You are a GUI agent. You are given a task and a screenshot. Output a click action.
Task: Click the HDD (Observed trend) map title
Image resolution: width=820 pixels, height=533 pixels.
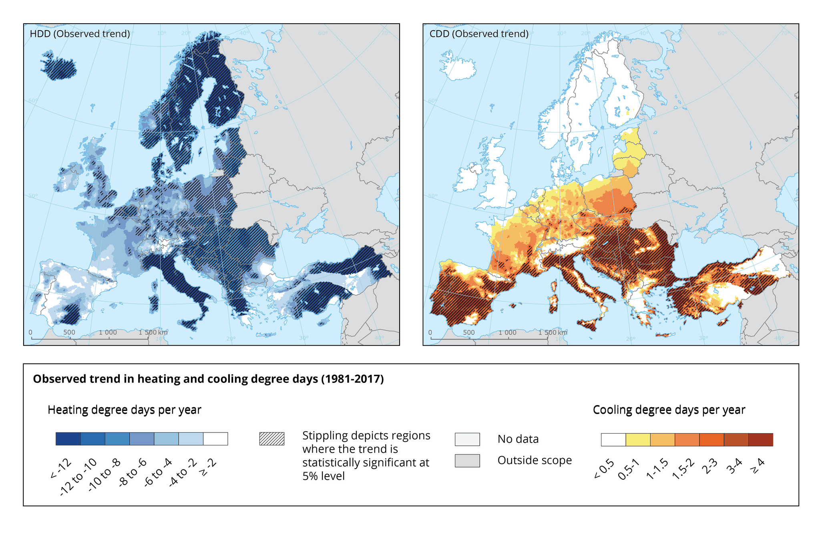[x=80, y=34]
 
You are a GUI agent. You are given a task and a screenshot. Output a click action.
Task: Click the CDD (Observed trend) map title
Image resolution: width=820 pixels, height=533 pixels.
[x=479, y=34]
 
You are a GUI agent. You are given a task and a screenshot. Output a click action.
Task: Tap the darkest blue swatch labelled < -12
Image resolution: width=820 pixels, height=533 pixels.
[x=68, y=439]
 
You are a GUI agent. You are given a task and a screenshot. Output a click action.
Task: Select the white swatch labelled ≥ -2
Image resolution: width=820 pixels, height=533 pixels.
[x=215, y=439]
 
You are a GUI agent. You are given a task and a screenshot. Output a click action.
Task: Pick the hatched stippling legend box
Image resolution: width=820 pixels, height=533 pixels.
[x=272, y=439]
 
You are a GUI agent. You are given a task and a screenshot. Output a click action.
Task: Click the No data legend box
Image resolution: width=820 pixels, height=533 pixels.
[x=467, y=439]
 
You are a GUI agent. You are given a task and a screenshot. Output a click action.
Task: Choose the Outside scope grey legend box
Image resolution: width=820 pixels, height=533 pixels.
[x=467, y=461]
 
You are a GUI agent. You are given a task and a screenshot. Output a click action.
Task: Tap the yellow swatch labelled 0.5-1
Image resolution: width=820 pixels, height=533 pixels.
[x=638, y=440]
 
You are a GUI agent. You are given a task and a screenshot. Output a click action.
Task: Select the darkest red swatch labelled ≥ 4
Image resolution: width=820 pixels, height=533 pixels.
[x=761, y=440]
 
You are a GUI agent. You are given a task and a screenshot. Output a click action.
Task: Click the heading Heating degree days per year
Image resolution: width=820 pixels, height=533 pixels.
[x=124, y=410]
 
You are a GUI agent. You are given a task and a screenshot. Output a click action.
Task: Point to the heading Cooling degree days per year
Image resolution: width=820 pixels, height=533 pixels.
[x=669, y=410]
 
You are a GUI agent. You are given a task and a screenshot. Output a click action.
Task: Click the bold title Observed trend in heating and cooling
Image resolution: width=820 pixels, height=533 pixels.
[x=208, y=379]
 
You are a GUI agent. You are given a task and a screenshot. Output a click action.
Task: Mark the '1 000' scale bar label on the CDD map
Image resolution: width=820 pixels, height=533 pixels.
[x=507, y=333]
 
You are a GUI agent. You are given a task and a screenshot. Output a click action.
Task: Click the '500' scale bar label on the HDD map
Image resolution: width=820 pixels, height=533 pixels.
[x=69, y=333]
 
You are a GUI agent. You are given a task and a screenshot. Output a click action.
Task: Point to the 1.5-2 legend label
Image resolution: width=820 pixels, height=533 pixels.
[x=683, y=469]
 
